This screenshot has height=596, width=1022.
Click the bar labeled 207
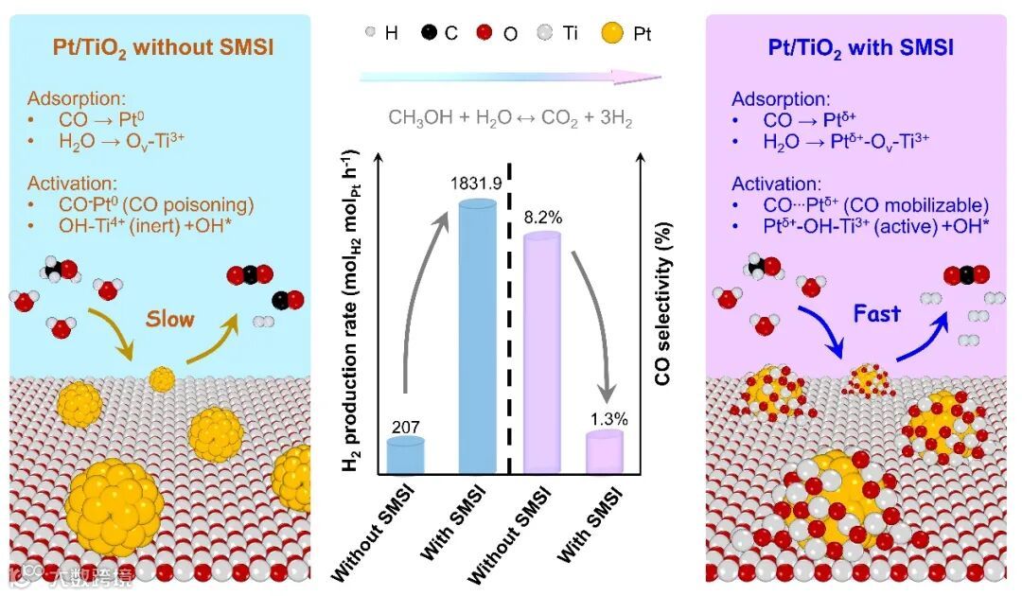(x=405, y=456)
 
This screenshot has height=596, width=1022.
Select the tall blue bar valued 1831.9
(x=477, y=341)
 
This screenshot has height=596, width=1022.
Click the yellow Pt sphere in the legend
(x=614, y=34)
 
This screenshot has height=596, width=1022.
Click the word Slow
(x=169, y=319)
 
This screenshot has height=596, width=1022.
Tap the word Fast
(x=876, y=313)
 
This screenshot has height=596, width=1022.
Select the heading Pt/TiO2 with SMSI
(x=855, y=46)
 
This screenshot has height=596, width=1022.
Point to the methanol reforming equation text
(x=510, y=119)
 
